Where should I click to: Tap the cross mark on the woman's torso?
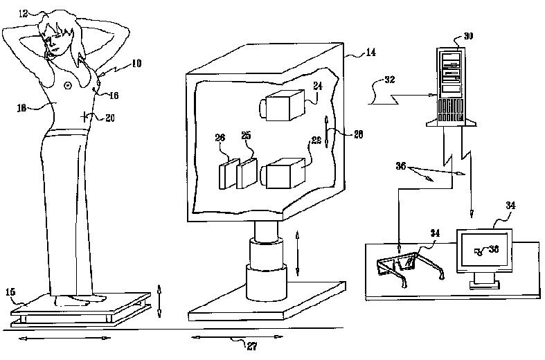pos(85,116)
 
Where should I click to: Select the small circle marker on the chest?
pos(67,85)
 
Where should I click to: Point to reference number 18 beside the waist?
pos(21,108)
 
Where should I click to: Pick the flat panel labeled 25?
pos(247,172)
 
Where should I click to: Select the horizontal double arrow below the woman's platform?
pos(63,339)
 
